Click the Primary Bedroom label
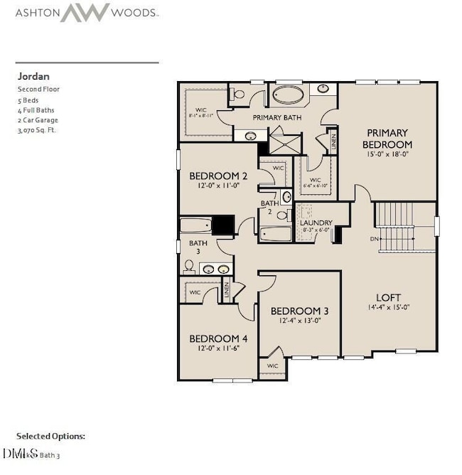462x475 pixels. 387,138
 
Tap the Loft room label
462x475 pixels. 388,297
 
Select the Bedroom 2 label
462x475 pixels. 218,176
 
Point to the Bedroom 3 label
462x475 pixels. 299,311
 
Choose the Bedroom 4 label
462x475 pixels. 218,338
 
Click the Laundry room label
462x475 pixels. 316,223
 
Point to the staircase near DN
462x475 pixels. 404,226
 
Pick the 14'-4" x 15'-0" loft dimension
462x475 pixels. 388,308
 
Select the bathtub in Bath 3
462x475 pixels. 195,225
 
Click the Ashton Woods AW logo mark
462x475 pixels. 85,12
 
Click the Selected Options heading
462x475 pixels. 50,435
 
